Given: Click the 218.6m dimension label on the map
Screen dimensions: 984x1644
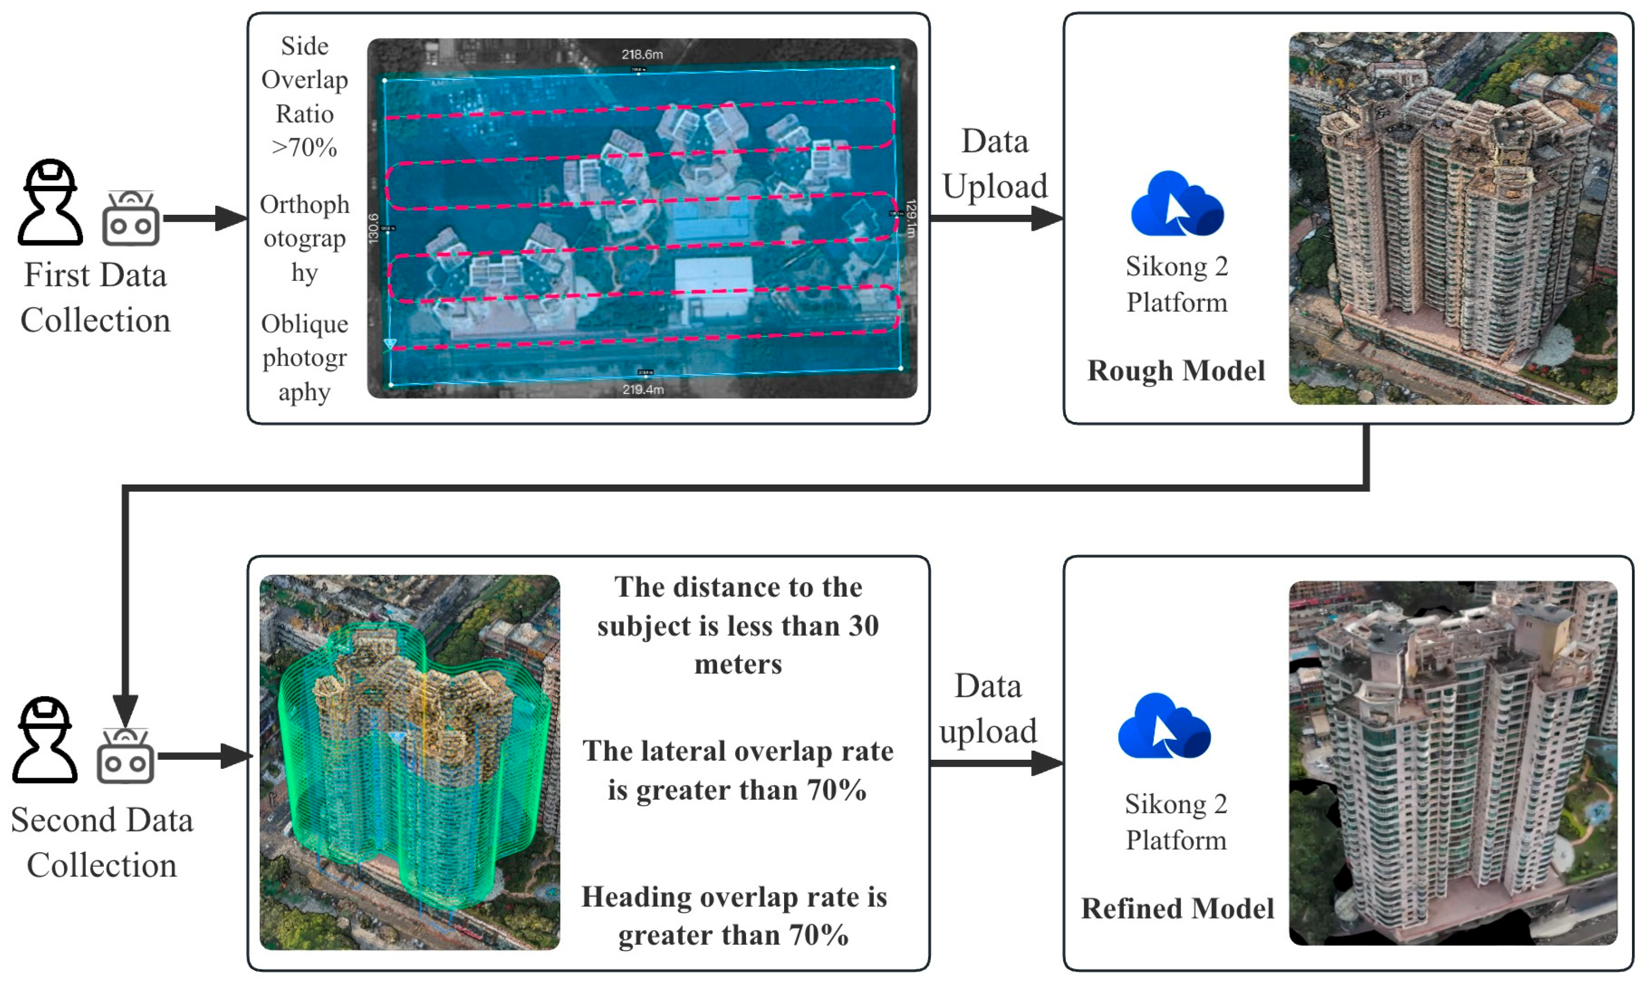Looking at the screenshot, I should (x=642, y=54).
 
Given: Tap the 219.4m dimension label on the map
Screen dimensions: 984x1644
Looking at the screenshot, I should (x=642, y=389).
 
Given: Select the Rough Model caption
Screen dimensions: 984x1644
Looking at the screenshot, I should (x=1176, y=371).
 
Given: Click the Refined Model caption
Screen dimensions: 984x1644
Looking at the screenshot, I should (x=1177, y=909).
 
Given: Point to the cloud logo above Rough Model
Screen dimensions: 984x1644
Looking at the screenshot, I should (x=1177, y=204).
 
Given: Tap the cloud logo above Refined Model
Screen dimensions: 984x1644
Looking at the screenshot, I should (x=1164, y=727).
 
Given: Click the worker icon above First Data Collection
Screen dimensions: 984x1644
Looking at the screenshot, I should (x=50, y=202).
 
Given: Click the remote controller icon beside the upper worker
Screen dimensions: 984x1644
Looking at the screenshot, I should (x=131, y=219).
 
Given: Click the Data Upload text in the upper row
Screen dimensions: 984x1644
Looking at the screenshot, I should (x=994, y=164).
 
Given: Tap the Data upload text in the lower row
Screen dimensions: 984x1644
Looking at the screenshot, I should (x=988, y=708).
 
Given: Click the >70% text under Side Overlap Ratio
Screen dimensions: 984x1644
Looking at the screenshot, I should (x=304, y=147).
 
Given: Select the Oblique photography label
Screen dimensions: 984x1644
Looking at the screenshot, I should (x=304, y=358).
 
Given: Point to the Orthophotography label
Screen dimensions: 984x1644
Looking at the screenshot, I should (x=304, y=238).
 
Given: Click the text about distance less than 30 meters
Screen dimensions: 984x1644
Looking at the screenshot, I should (x=738, y=625).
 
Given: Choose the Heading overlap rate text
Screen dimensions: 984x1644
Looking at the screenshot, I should (x=734, y=916).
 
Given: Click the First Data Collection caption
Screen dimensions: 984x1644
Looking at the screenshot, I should (x=95, y=298).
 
